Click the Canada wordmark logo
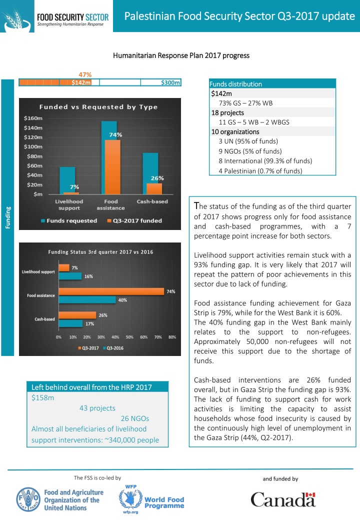283,499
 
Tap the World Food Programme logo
151,499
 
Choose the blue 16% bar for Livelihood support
70,275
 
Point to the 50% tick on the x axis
129,336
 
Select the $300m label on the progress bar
170,83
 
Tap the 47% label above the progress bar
85,74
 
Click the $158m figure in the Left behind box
43,398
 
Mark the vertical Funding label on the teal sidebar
7,218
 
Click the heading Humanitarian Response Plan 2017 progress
181,55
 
